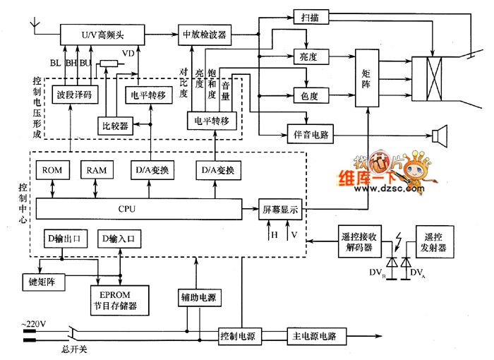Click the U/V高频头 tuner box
pos(102,35)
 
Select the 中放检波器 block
pos(205,35)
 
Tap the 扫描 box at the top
pos(311,17)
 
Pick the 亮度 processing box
pos(311,56)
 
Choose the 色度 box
pos(311,95)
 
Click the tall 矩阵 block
pos(367,78)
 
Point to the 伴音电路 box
pos(311,135)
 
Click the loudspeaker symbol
pos(440,136)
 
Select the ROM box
pos(53,170)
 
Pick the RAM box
pos(97,170)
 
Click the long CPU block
pos(139,209)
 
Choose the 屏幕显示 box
pos(280,209)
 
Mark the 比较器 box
pos(115,126)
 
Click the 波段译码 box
pos(75,95)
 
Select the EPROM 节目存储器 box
pos(119,301)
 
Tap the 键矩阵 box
pos(44,282)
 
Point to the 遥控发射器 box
pos(435,242)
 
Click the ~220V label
pos(33,324)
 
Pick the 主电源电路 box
pos(317,337)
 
